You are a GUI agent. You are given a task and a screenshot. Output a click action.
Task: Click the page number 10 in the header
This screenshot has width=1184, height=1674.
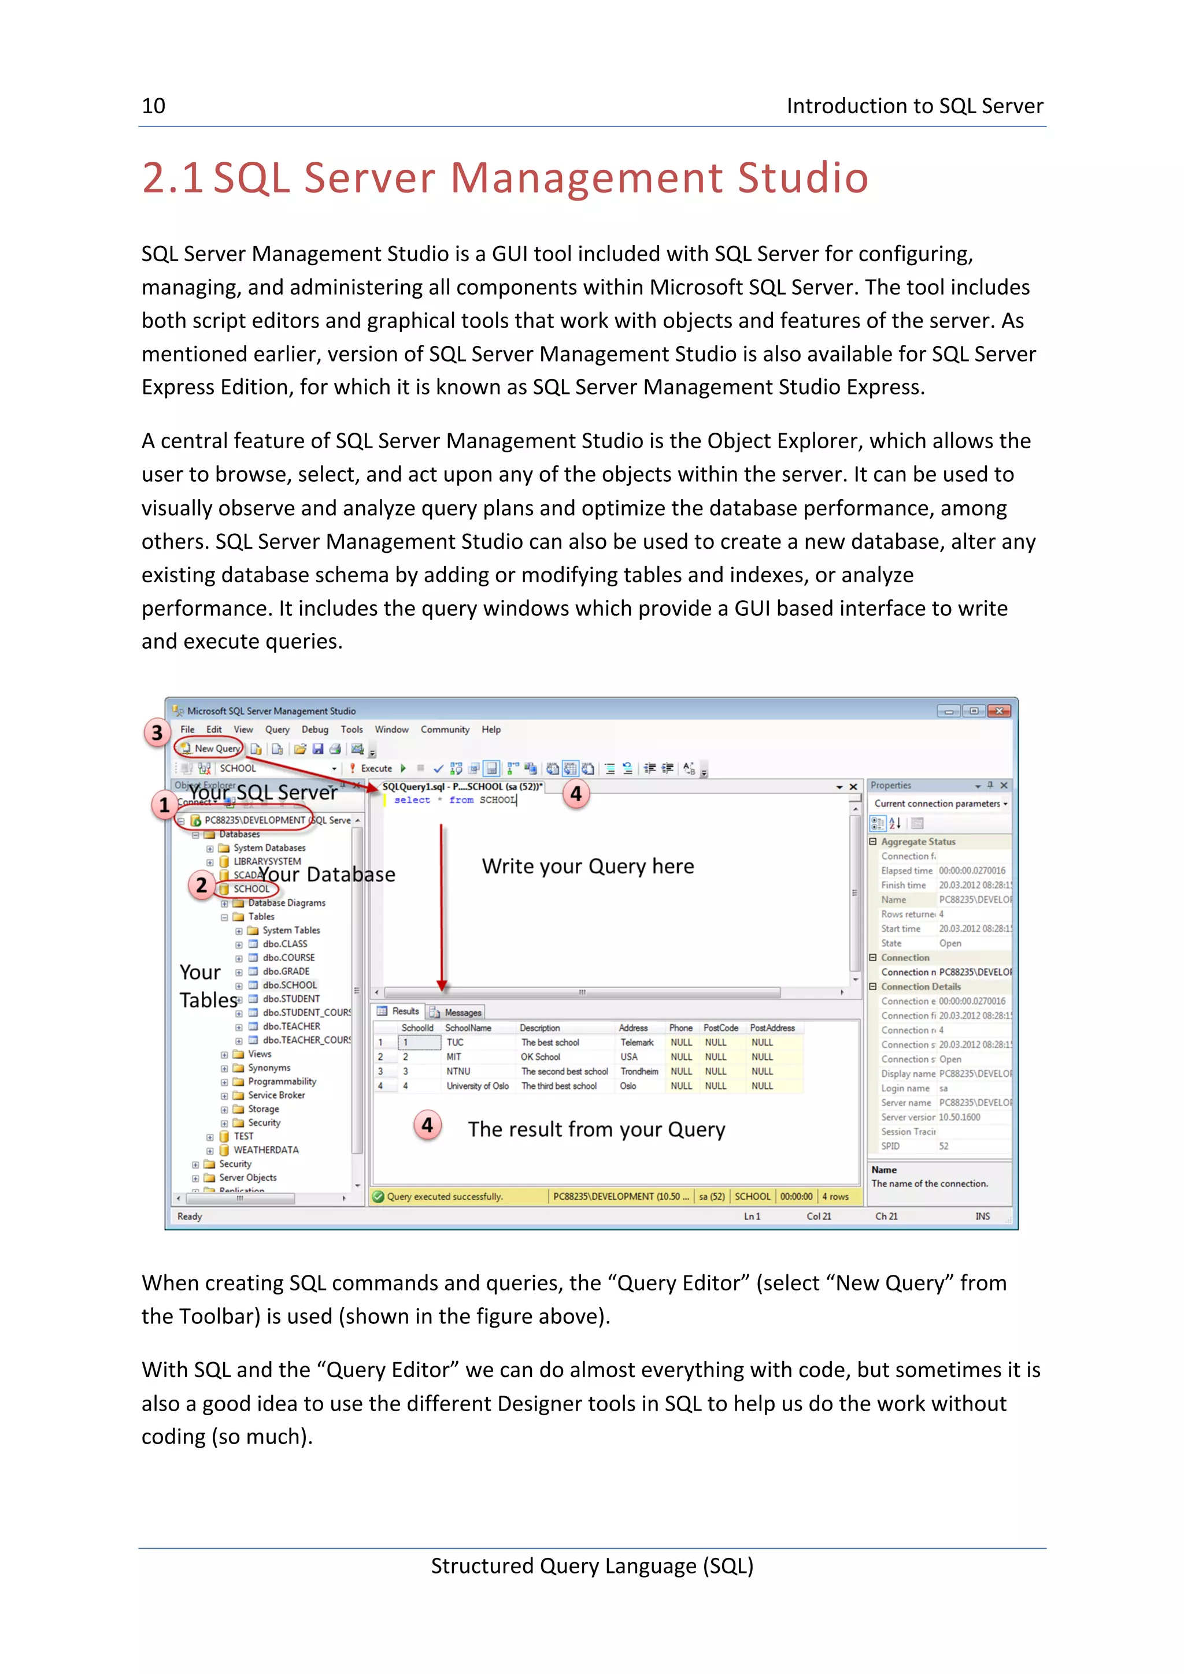[x=153, y=106]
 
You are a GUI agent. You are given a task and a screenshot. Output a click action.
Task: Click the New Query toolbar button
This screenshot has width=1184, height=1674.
[x=211, y=748]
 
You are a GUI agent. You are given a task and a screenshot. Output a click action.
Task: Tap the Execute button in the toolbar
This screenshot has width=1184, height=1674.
[x=375, y=768]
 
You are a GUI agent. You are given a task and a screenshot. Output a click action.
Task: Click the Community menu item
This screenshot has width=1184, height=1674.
[x=444, y=729]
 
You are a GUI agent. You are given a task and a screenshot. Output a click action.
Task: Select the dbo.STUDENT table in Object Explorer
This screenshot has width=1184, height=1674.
[x=291, y=999]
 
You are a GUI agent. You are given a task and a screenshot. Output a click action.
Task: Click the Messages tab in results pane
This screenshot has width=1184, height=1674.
[x=462, y=1012]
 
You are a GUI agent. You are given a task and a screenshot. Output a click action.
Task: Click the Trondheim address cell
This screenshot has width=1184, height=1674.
[x=639, y=1071]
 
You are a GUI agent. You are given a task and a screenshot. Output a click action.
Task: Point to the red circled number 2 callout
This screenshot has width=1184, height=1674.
[x=201, y=885]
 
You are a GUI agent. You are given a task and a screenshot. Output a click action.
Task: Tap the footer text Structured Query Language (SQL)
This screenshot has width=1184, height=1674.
[x=591, y=1565]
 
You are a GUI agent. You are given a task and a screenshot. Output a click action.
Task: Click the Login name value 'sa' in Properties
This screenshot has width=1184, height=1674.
[x=943, y=1088]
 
